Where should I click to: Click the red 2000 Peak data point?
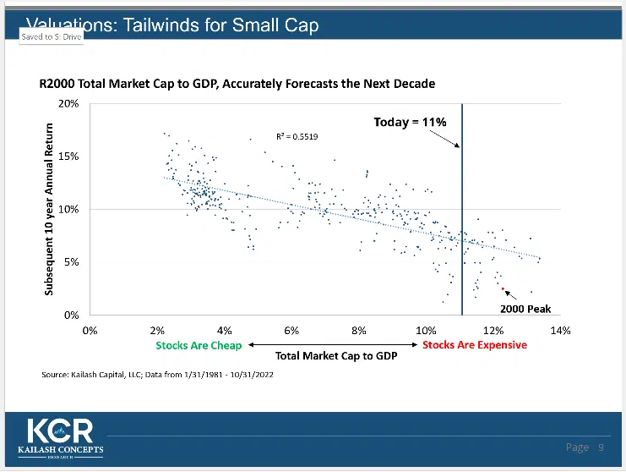(503, 288)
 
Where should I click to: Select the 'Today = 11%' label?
(410, 122)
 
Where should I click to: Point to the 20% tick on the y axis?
(68, 103)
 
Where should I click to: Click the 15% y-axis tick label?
(68, 156)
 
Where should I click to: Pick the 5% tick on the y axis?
(70, 262)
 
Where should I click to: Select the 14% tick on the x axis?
(560, 330)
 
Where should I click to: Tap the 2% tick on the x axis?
(157, 330)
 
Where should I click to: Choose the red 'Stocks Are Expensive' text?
(474, 345)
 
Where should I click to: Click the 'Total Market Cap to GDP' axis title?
(336, 355)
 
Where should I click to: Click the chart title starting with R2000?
(237, 84)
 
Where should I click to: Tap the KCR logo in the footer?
(60, 435)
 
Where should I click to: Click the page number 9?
(601, 447)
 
